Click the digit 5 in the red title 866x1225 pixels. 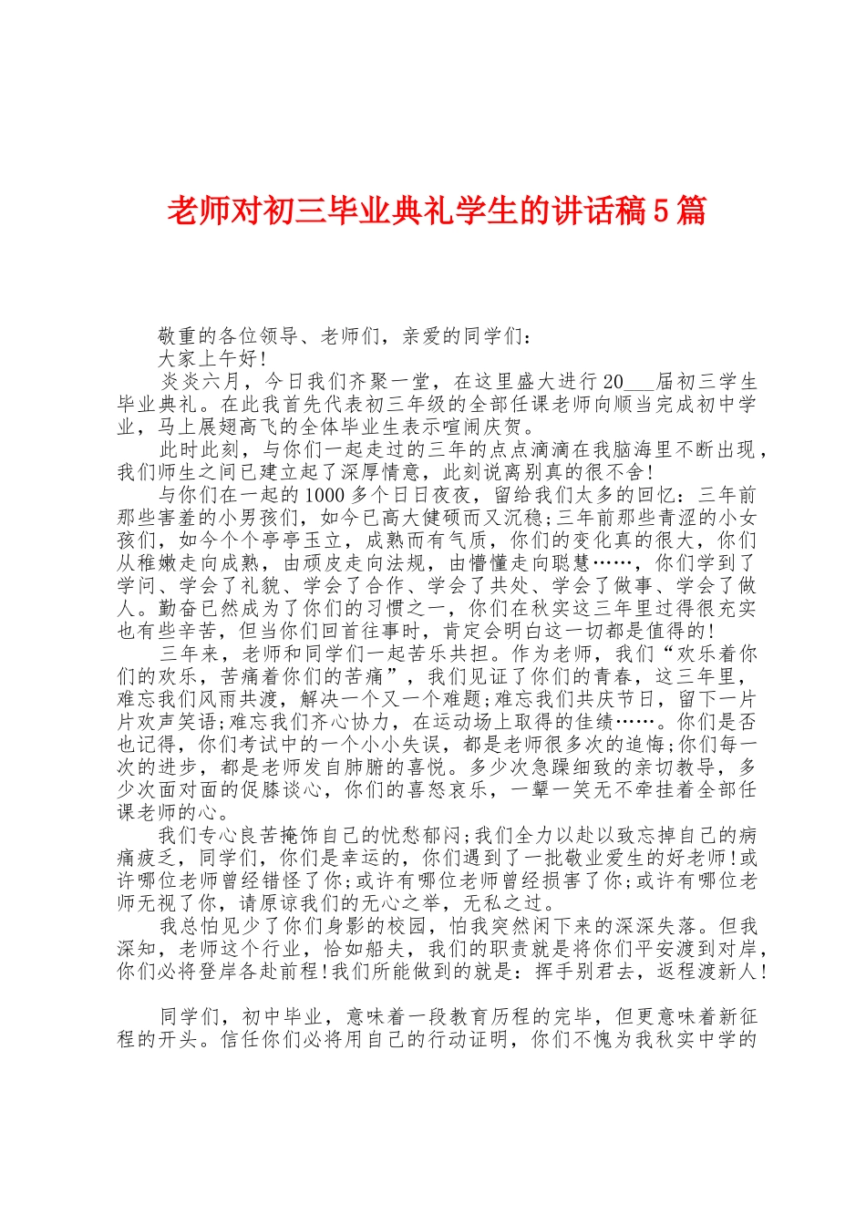click(x=662, y=212)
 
